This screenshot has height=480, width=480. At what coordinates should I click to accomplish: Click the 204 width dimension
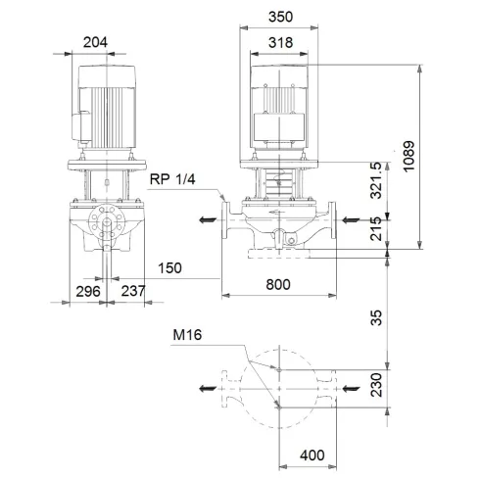96,42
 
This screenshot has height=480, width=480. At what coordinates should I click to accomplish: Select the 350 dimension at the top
283,17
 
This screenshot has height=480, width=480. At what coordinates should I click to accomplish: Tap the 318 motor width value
283,42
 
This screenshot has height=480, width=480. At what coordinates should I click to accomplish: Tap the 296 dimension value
88,291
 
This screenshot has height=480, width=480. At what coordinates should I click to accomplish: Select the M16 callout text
187,336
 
